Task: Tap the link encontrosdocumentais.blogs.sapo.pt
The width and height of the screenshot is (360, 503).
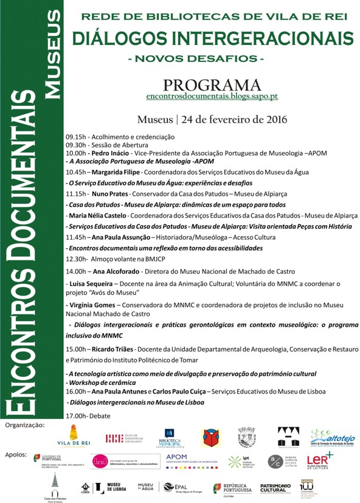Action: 212,96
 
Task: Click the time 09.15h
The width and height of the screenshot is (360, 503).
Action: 76,137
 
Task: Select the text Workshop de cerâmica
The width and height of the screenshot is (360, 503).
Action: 102,383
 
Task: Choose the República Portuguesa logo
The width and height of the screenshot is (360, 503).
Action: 232,488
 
